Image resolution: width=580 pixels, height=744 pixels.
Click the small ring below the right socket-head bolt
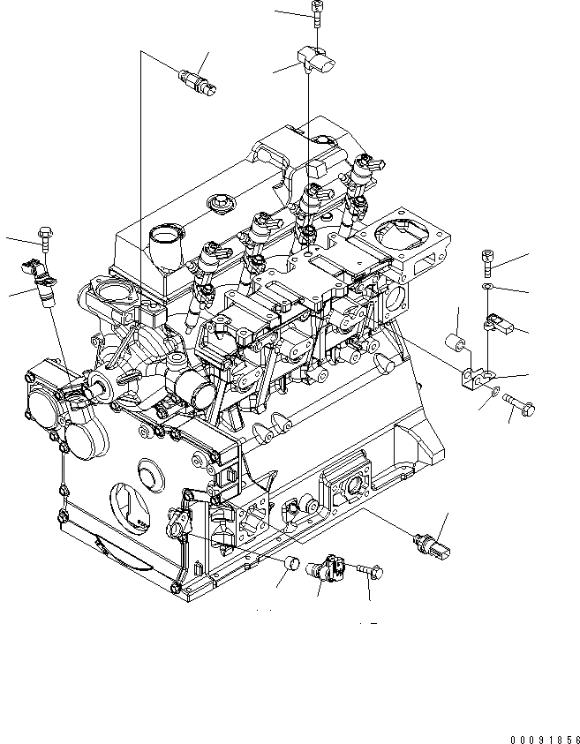click(488, 287)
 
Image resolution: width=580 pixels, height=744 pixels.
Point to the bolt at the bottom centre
click(371, 571)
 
